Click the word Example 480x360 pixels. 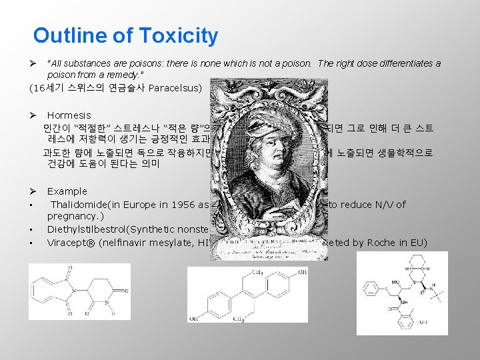pyautogui.click(x=67, y=191)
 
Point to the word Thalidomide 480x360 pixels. pyautogui.click(x=82, y=205)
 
